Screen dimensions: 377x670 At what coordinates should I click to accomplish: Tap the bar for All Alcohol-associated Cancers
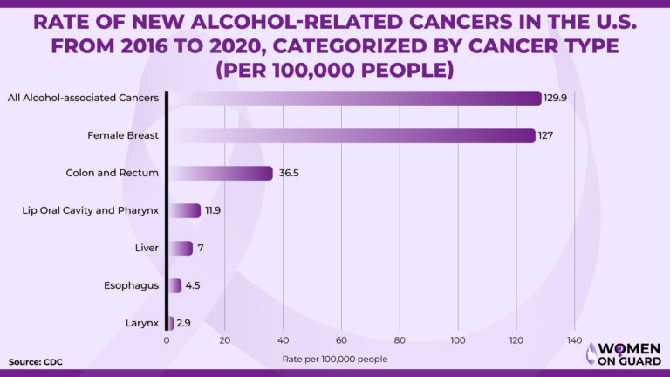354,98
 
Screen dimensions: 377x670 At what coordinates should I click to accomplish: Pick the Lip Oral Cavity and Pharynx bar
184,210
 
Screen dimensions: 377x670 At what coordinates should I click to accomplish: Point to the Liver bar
180,248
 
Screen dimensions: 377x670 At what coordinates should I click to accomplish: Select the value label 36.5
290,173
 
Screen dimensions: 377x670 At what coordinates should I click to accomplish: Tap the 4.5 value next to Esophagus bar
193,285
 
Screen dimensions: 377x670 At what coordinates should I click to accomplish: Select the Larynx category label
143,323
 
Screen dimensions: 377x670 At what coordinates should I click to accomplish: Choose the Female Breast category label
123,135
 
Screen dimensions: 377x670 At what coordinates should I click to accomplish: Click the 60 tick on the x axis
341,340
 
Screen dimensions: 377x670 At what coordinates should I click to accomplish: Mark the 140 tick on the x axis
574,340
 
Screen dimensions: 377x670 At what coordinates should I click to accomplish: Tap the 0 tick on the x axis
167,340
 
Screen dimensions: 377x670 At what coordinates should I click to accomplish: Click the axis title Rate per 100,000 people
335,359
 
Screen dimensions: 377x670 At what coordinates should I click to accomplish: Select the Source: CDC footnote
36,361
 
